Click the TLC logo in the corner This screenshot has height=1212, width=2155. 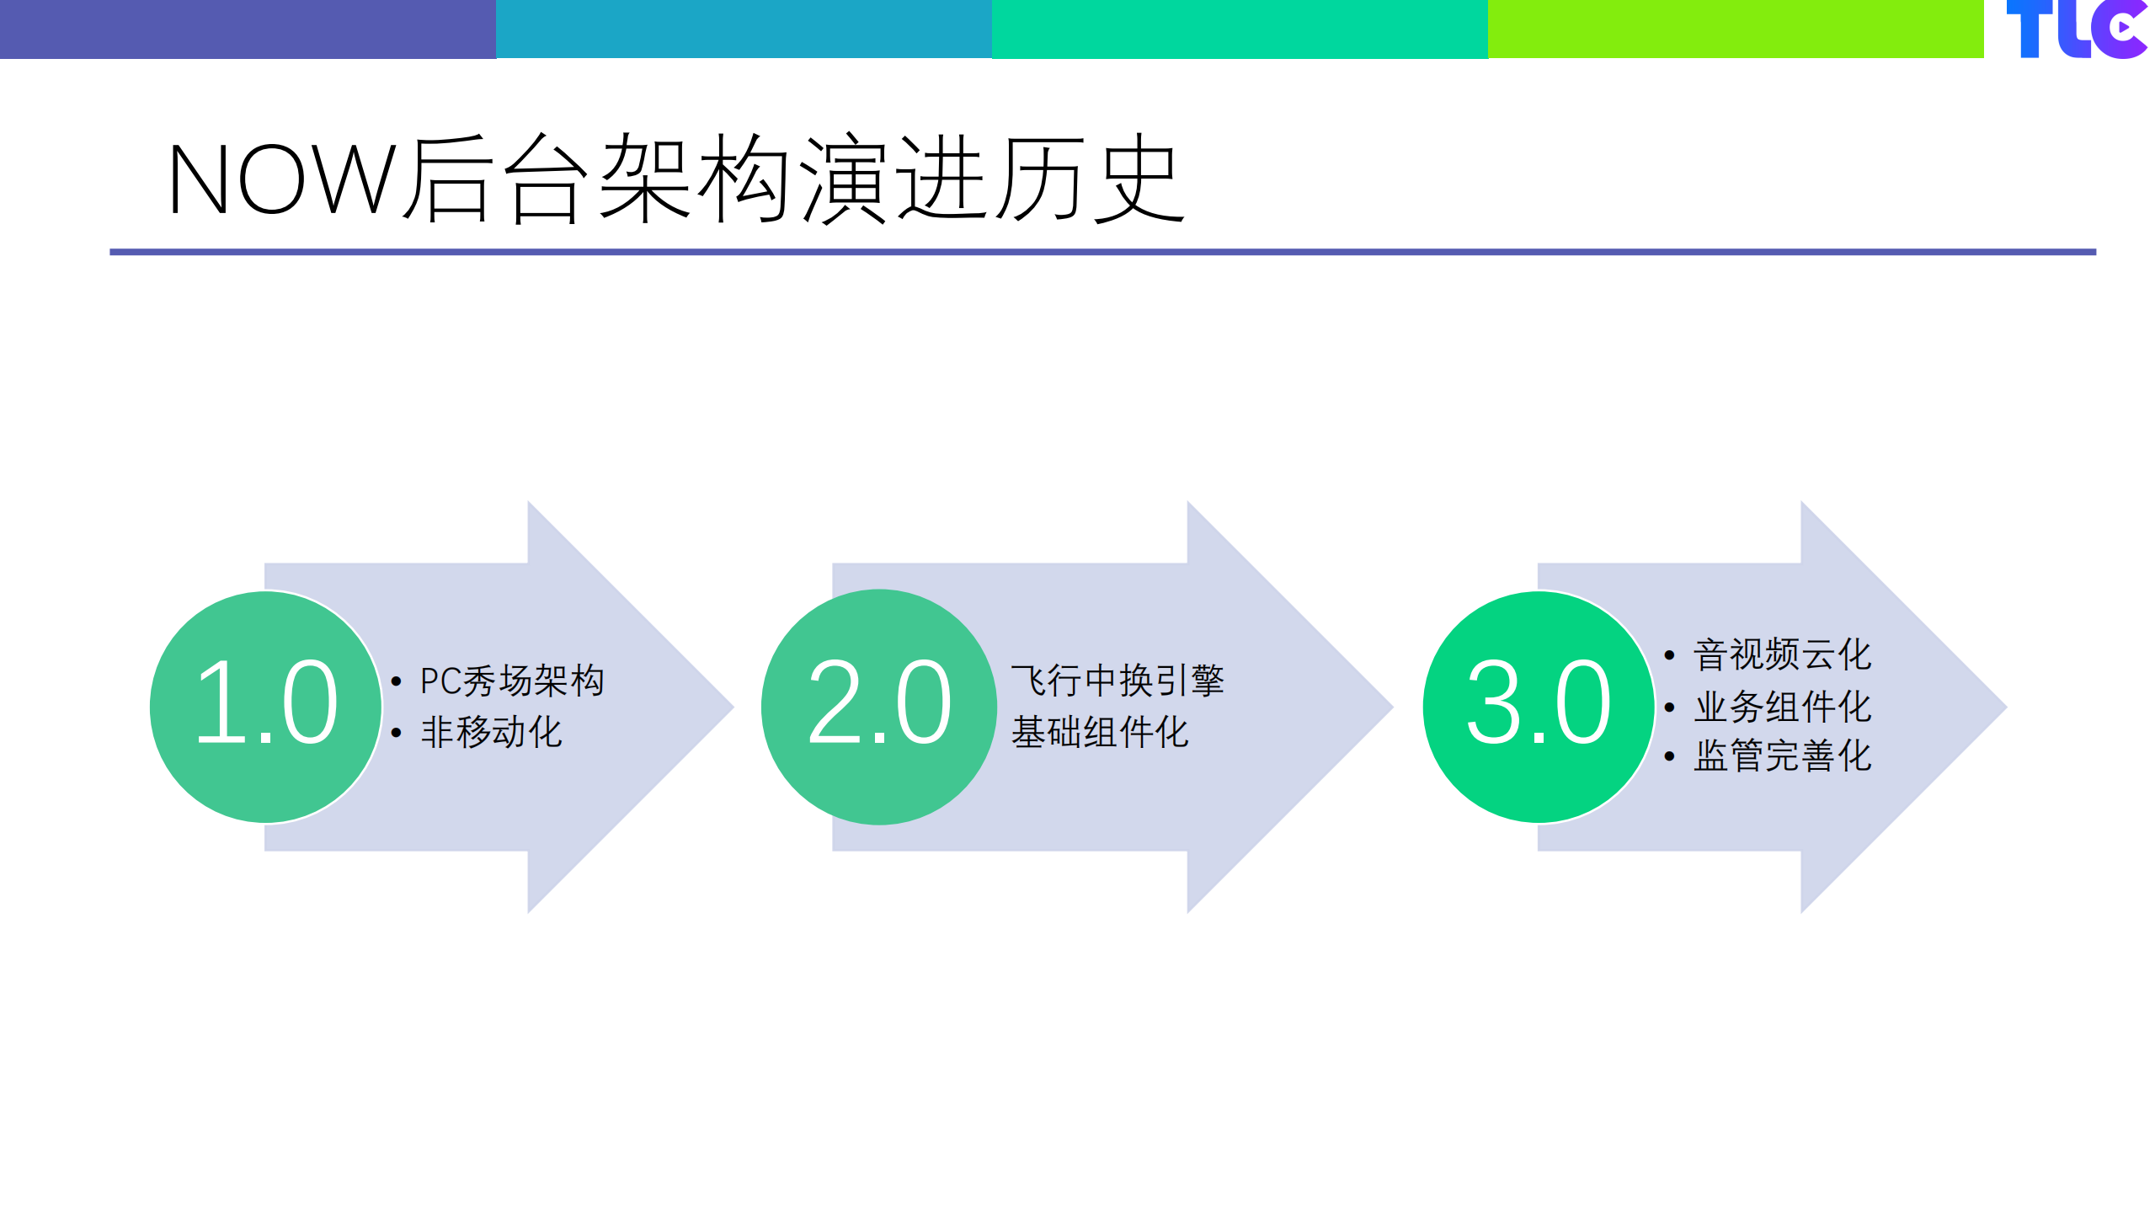tap(2076, 29)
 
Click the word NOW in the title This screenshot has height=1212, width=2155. tap(281, 179)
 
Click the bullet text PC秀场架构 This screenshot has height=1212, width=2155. tap(512, 681)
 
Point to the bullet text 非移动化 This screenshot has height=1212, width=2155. tap(491, 731)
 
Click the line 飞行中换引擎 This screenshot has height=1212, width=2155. tap(1117, 681)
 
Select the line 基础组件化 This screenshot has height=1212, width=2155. tap(1099, 731)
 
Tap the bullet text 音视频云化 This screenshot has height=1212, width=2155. tap(1782, 654)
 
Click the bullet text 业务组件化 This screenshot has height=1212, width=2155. tap(1782, 706)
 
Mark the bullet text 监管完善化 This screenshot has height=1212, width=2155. tap(1782, 755)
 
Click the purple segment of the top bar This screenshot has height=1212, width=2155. tap(248, 29)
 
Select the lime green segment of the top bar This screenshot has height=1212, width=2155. tap(1735, 29)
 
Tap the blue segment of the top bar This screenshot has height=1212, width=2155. tap(744, 29)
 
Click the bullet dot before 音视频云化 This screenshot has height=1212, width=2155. tap(1669, 654)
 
